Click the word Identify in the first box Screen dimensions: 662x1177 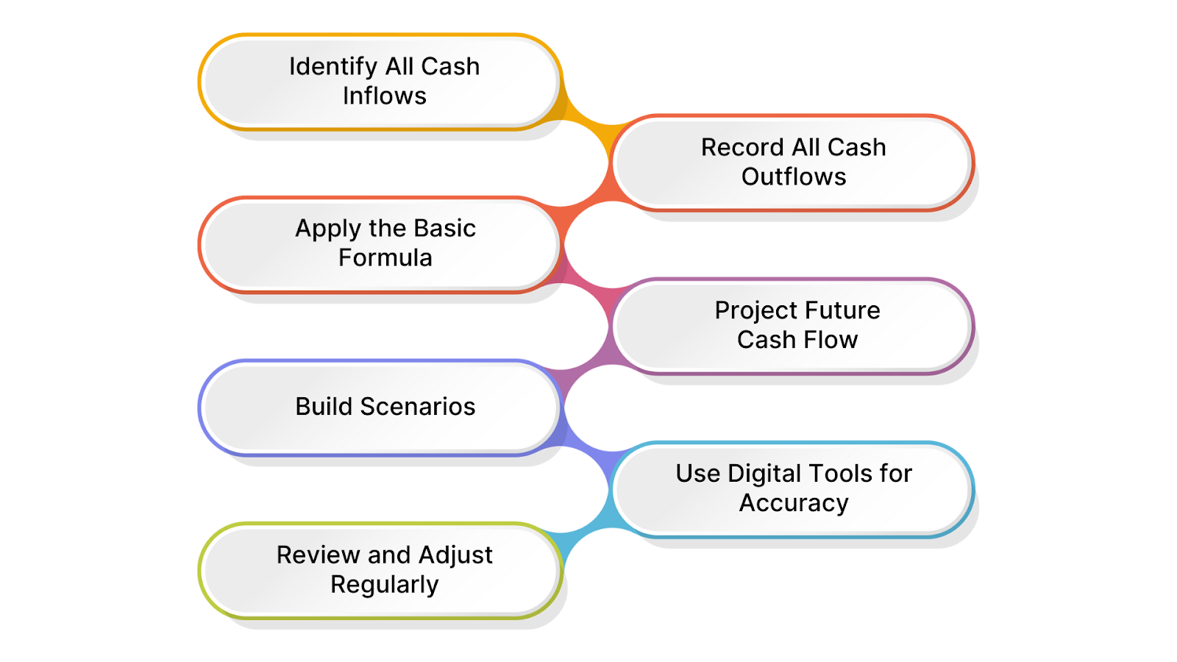[333, 67]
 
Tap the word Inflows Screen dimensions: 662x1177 [385, 96]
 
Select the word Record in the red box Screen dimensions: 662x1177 [742, 148]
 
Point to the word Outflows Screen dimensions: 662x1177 [794, 177]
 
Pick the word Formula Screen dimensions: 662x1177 [385, 258]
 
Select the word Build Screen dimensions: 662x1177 [324, 407]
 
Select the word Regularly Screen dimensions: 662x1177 [385, 585]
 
